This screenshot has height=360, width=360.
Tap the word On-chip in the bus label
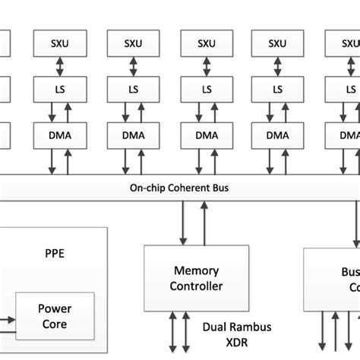(x=148, y=188)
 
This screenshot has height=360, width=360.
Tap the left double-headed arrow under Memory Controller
(x=175, y=333)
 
